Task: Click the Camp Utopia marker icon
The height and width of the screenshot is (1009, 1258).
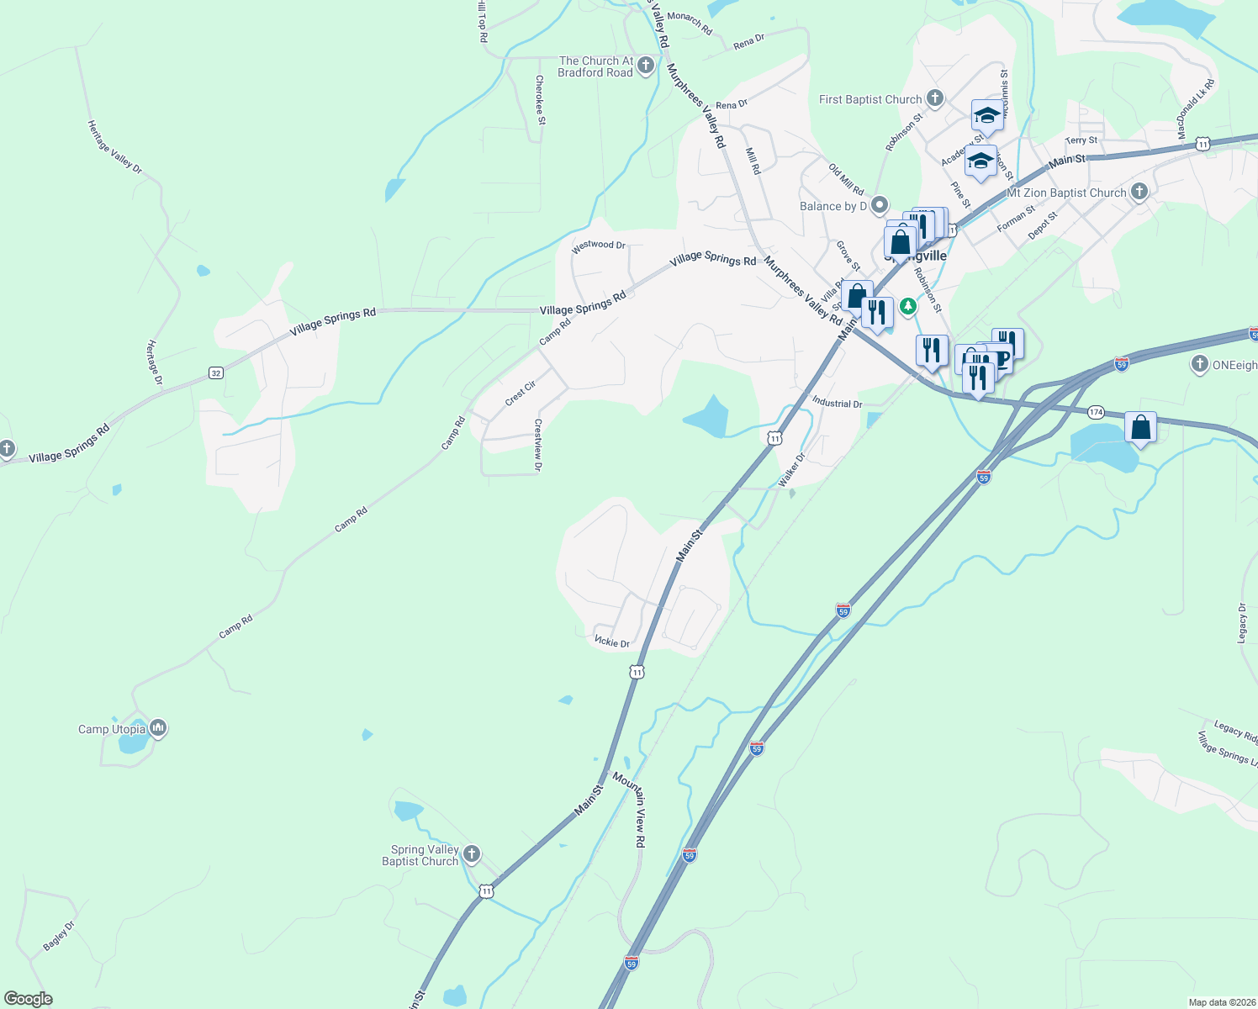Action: point(157,728)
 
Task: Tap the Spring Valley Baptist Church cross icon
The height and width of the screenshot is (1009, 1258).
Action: point(472,854)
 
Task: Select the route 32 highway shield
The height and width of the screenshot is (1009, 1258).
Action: point(216,372)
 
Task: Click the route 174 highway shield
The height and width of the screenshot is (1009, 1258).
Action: point(1096,412)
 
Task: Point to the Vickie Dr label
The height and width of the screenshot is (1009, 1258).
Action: point(611,642)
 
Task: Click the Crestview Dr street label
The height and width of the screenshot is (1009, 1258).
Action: point(538,445)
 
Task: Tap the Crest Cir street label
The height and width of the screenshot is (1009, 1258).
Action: point(521,394)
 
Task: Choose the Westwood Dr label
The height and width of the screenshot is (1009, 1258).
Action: point(598,245)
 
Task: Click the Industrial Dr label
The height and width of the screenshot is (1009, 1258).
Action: point(837,403)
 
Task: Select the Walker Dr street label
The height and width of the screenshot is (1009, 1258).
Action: point(791,469)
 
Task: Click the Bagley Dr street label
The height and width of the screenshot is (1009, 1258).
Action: point(59,936)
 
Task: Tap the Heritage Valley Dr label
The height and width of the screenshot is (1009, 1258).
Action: point(114,146)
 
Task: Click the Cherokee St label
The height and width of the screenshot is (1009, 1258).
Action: point(540,99)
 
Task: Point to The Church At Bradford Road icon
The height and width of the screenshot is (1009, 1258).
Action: point(645,66)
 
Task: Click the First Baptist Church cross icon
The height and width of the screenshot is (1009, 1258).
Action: point(934,98)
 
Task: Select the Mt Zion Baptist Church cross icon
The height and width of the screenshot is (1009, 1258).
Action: point(1139,192)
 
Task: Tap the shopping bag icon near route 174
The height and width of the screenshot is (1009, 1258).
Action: point(1140,428)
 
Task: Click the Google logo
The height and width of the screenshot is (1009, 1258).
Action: point(28,999)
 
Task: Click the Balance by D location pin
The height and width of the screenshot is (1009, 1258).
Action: point(880,205)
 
